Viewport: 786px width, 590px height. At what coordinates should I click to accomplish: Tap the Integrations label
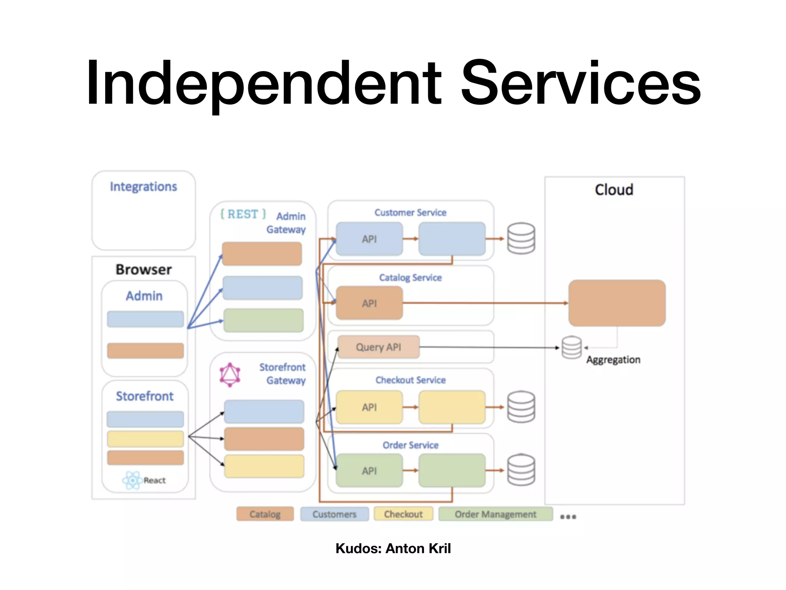point(143,187)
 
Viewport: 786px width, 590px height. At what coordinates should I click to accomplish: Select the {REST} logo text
point(243,214)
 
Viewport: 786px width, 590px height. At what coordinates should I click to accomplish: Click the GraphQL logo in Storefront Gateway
point(230,375)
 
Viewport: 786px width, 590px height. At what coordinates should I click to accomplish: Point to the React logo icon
point(132,480)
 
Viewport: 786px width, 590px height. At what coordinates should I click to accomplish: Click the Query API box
point(378,347)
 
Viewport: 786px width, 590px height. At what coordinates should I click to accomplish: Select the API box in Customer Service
point(369,239)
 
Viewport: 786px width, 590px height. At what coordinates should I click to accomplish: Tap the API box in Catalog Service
point(369,303)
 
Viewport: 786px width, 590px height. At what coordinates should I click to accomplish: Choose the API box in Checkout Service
point(369,407)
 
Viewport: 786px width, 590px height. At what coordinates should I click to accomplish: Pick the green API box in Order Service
point(369,471)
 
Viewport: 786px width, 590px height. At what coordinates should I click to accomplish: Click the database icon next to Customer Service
point(521,239)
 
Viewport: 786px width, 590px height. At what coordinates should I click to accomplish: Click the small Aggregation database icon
point(571,348)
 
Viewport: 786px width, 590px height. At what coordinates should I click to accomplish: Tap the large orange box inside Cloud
point(617,303)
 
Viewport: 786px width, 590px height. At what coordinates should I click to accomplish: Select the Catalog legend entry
point(265,514)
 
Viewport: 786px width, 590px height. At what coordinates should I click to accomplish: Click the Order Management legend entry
point(495,514)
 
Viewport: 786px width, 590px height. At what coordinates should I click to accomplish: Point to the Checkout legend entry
point(403,514)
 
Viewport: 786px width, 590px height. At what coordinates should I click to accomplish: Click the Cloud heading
point(614,190)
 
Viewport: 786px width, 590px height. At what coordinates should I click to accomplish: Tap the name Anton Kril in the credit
point(418,549)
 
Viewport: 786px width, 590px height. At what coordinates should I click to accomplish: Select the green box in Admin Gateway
point(263,320)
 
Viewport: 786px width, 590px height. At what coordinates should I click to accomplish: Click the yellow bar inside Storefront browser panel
point(145,439)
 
